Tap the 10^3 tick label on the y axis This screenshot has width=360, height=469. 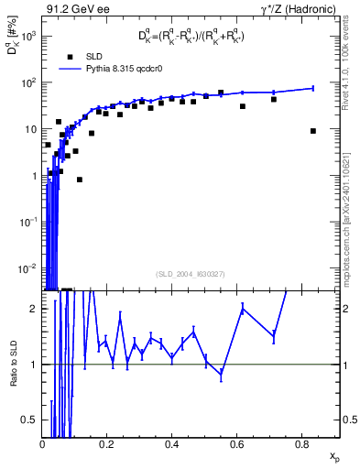click(x=27, y=36)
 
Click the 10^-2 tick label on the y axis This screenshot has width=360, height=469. click(x=27, y=268)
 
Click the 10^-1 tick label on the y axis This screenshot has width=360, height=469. click(x=27, y=222)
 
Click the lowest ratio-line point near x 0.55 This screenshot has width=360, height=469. click(x=221, y=375)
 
